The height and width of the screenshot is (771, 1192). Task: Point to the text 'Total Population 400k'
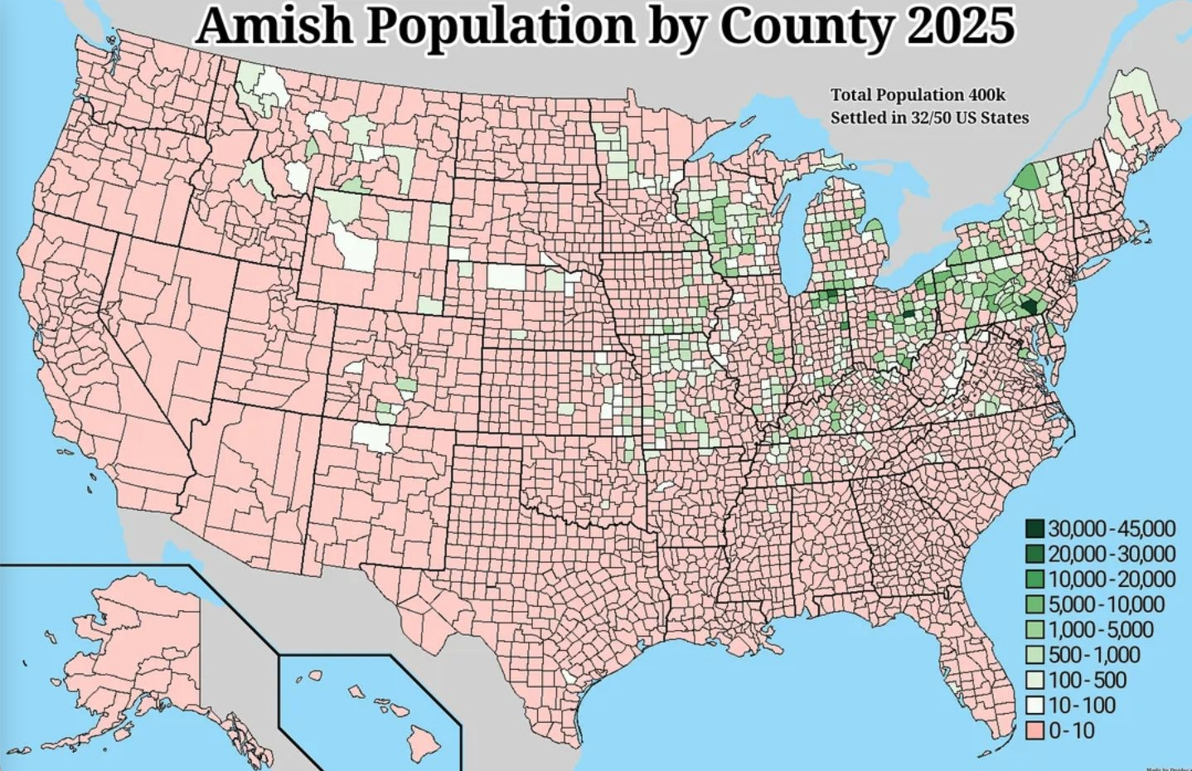(918, 95)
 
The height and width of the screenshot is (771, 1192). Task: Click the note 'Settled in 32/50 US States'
(929, 117)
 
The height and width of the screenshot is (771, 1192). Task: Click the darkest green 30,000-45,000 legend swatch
(1035, 528)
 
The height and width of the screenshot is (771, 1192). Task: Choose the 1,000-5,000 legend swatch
(1035, 629)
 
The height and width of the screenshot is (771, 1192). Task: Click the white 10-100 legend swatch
(1035, 706)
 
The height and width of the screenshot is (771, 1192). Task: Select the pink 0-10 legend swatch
(1035, 730)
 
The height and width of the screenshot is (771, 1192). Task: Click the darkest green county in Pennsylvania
(1030, 306)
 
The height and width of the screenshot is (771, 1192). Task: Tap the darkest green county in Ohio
(909, 313)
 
